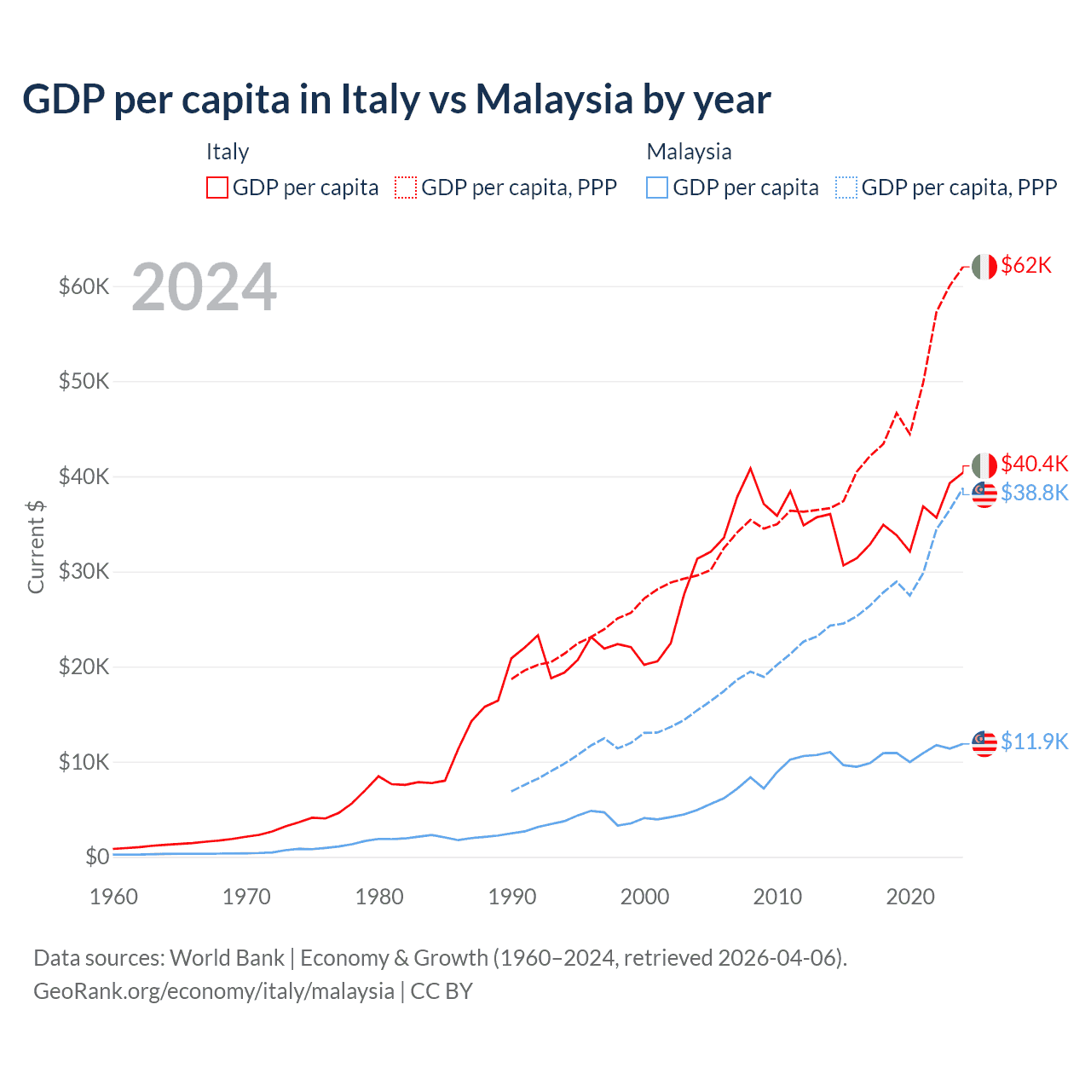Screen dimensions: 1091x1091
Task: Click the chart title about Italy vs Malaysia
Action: click(396, 100)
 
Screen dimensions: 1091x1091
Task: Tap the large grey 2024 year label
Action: click(204, 288)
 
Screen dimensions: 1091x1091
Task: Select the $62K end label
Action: click(1026, 265)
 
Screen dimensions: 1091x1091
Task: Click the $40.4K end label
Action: click(1034, 464)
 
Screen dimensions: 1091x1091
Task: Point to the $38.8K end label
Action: click(1034, 493)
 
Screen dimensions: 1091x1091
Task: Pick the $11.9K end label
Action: click(1034, 742)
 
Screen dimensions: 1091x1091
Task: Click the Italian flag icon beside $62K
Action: click(984, 267)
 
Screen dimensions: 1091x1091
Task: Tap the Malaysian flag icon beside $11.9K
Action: click(984, 743)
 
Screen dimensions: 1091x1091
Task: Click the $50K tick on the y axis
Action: click(84, 381)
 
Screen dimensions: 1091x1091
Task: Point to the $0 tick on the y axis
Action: click(97, 857)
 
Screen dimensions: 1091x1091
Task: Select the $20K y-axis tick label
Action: click(84, 667)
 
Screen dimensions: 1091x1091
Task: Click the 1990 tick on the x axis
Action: click(512, 897)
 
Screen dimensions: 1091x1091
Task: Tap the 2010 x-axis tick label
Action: click(777, 897)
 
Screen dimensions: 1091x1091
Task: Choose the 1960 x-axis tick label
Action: click(114, 897)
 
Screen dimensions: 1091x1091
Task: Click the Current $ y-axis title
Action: click(36, 546)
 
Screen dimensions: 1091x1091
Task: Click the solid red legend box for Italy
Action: click(217, 188)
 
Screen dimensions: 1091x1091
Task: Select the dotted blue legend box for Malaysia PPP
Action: click(846, 188)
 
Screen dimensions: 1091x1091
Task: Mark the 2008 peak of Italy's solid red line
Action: click(750, 468)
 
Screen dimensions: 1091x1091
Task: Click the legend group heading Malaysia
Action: click(689, 152)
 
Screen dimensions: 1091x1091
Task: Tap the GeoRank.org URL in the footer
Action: click(213, 991)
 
